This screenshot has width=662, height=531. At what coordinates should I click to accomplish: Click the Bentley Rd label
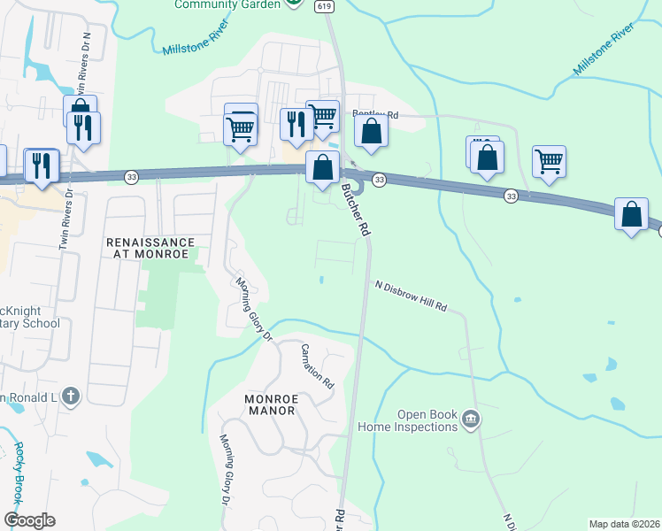(376, 114)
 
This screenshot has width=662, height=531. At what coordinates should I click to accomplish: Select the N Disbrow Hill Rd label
(411, 296)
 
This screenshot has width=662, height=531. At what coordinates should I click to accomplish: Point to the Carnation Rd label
(316, 366)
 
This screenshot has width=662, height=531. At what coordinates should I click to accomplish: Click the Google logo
(29, 520)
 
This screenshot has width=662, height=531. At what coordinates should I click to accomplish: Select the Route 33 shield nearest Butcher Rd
(379, 180)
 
